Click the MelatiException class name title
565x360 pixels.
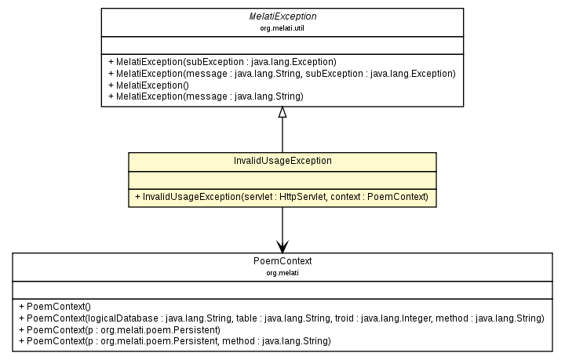(x=282, y=16)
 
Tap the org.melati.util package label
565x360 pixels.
(x=282, y=27)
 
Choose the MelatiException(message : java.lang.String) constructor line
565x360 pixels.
(x=206, y=96)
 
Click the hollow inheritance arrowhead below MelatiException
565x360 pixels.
(x=282, y=112)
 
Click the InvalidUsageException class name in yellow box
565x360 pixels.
(x=282, y=160)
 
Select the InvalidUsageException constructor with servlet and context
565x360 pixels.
(x=282, y=195)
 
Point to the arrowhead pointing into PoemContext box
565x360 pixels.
(x=282, y=247)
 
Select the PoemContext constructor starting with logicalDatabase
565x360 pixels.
(x=286, y=318)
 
